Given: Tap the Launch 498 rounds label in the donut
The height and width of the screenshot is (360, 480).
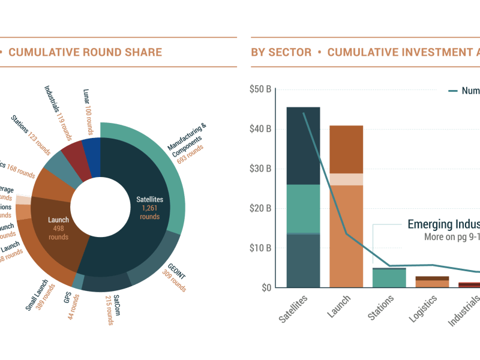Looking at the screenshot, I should click(x=59, y=228).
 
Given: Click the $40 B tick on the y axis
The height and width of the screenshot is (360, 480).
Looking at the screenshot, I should click(x=260, y=129).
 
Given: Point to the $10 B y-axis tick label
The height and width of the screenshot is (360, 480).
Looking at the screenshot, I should click(x=260, y=247).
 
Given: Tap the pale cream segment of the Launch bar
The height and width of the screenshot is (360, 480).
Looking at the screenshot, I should click(x=346, y=179).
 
